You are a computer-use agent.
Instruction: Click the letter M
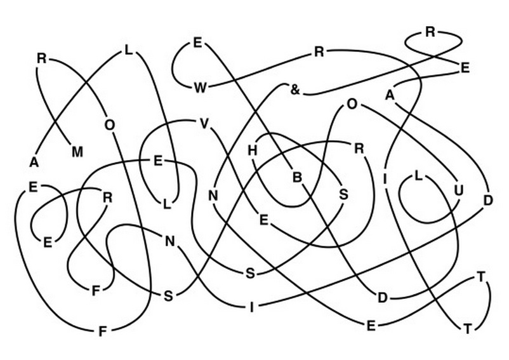(77, 152)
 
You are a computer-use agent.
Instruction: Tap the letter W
(200, 88)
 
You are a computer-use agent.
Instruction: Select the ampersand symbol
(294, 90)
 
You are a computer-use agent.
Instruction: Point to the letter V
(204, 124)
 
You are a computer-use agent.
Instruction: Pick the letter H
(252, 150)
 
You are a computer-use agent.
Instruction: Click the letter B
(297, 178)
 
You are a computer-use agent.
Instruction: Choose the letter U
(458, 190)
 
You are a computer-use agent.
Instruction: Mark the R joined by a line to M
(41, 59)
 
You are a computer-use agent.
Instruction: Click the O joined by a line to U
(352, 105)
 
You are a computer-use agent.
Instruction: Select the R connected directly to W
(319, 51)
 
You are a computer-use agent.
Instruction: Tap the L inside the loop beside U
(418, 177)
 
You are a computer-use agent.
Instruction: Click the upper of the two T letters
(481, 277)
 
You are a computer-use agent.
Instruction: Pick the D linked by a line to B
(383, 298)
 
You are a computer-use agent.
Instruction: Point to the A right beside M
(34, 162)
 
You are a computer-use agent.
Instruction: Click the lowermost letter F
(102, 332)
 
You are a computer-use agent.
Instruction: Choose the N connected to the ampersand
(213, 196)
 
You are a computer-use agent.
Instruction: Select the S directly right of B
(343, 194)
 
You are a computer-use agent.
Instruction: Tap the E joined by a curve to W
(197, 43)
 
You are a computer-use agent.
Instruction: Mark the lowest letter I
(251, 307)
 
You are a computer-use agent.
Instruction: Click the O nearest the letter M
(110, 125)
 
